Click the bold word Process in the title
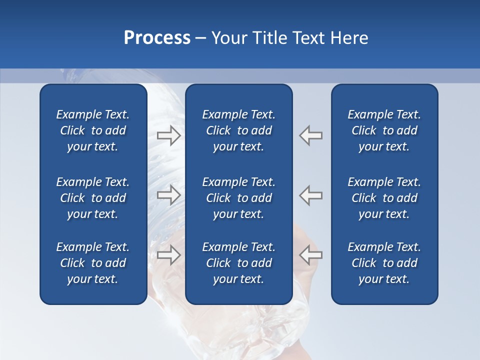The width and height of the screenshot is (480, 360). (x=157, y=38)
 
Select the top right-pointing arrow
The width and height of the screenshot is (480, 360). (x=169, y=135)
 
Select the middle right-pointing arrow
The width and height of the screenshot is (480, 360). (x=169, y=195)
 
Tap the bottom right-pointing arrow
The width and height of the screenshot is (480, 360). (x=169, y=255)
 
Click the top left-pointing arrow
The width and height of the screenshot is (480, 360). (x=311, y=135)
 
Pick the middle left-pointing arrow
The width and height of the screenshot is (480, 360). (x=311, y=195)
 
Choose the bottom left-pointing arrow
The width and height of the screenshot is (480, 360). (x=311, y=255)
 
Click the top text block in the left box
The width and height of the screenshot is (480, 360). (x=93, y=130)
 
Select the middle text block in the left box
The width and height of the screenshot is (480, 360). (x=93, y=198)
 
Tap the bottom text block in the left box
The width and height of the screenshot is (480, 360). (x=93, y=263)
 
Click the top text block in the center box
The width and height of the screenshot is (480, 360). (x=238, y=130)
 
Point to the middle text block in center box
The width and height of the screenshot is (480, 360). (x=238, y=198)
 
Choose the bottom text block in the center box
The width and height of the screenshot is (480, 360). (x=238, y=263)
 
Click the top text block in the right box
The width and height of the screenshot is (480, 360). (x=384, y=130)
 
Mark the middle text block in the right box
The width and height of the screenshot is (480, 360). (x=384, y=198)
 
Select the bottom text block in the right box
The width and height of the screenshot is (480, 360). (x=384, y=263)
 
